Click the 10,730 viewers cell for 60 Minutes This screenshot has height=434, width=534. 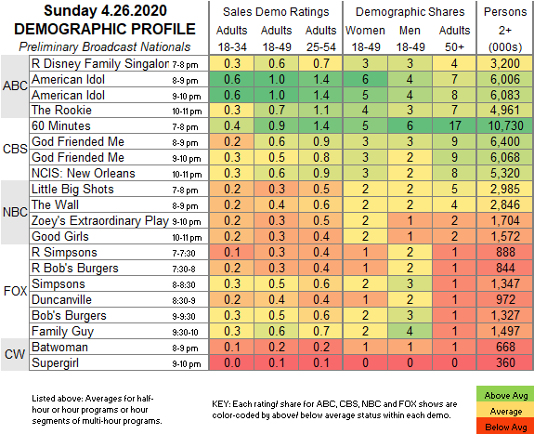(505, 125)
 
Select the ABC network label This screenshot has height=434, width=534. (15, 85)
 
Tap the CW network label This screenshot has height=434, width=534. (15, 354)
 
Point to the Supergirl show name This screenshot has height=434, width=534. (55, 362)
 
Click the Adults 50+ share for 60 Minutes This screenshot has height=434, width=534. (454, 125)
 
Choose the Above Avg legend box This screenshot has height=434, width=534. (505, 395)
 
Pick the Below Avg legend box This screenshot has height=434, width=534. (505, 427)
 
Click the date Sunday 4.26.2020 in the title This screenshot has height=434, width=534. (105, 10)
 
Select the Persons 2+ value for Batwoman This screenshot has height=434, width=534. (505, 347)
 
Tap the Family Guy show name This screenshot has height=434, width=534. (62, 332)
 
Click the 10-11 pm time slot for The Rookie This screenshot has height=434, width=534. (187, 112)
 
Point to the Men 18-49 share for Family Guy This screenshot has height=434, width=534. (410, 332)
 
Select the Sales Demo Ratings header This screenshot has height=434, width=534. (276, 12)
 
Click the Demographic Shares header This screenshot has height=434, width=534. (410, 12)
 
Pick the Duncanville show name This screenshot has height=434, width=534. (61, 299)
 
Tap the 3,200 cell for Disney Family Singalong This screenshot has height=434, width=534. (505, 63)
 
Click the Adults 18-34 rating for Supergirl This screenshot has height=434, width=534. (232, 362)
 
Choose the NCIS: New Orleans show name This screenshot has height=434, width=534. (84, 173)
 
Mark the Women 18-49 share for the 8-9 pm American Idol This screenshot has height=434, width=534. (365, 79)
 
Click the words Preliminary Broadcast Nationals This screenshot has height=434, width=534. (105, 46)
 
